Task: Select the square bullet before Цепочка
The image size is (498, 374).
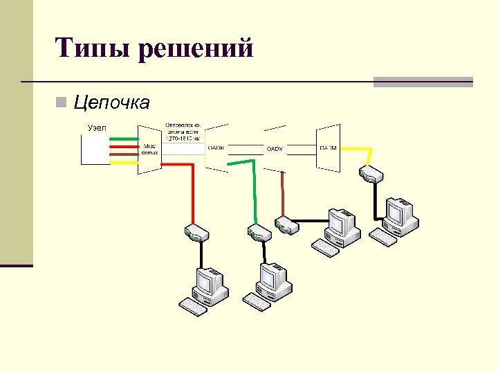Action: click(x=62, y=104)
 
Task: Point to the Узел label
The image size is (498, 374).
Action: click(x=98, y=127)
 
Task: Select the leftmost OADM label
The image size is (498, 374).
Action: click(x=216, y=147)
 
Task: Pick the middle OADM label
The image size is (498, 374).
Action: click(x=275, y=148)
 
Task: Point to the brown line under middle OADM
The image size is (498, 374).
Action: click(x=282, y=194)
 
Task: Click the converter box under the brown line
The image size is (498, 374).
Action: click(x=286, y=226)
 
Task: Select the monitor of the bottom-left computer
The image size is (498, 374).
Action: click(x=207, y=281)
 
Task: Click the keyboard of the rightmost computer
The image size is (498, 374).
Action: click(x=382, y=237)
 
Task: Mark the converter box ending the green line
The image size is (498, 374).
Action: click(x=257, y=233)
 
